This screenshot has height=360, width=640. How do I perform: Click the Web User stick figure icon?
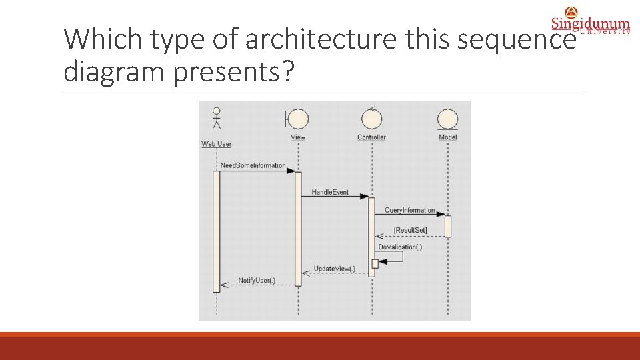tap(216, 117)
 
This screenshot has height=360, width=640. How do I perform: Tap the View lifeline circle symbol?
tap(297, 119)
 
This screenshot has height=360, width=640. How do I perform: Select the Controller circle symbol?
tap(371, 119)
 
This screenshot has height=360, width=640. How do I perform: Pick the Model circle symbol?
tap(447, 119)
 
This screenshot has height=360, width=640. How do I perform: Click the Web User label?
tap(216, 144)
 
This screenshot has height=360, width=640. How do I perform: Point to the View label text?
tap(298, 137)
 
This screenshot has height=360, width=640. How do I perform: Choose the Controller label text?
tap(371, 137)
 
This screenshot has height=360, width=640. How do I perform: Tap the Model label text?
tap(448, 137)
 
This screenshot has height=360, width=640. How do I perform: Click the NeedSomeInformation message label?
tap(253, 165)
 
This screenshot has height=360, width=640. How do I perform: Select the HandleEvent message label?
tap(330, 192)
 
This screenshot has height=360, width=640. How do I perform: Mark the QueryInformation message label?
tap(409, 210)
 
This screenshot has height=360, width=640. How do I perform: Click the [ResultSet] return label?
tap(411, 230)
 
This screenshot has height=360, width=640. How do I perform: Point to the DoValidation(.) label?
tap(400, 247)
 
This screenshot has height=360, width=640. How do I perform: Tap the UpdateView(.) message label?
tap(335, 269)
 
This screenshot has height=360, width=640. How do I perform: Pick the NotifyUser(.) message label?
tap(257, 280)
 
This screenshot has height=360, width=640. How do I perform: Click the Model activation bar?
tap(448, 226)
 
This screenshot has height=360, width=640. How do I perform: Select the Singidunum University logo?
tap(590, 21)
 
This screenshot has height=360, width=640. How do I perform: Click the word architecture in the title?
tap(319, 40)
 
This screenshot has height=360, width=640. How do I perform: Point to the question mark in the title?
tap(287, 71)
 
